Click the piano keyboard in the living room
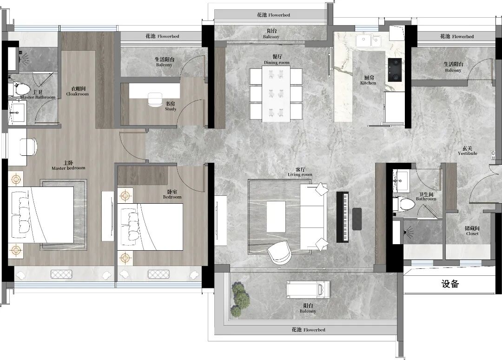342,217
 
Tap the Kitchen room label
369,80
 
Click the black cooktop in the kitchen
395,69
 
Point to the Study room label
171,107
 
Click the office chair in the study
155,99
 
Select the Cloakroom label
78,91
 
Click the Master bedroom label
68,165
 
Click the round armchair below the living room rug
279,253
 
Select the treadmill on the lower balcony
308,289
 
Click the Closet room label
472,231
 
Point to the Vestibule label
468,151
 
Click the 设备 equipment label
450,284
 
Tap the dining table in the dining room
276,93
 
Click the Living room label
300,172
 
